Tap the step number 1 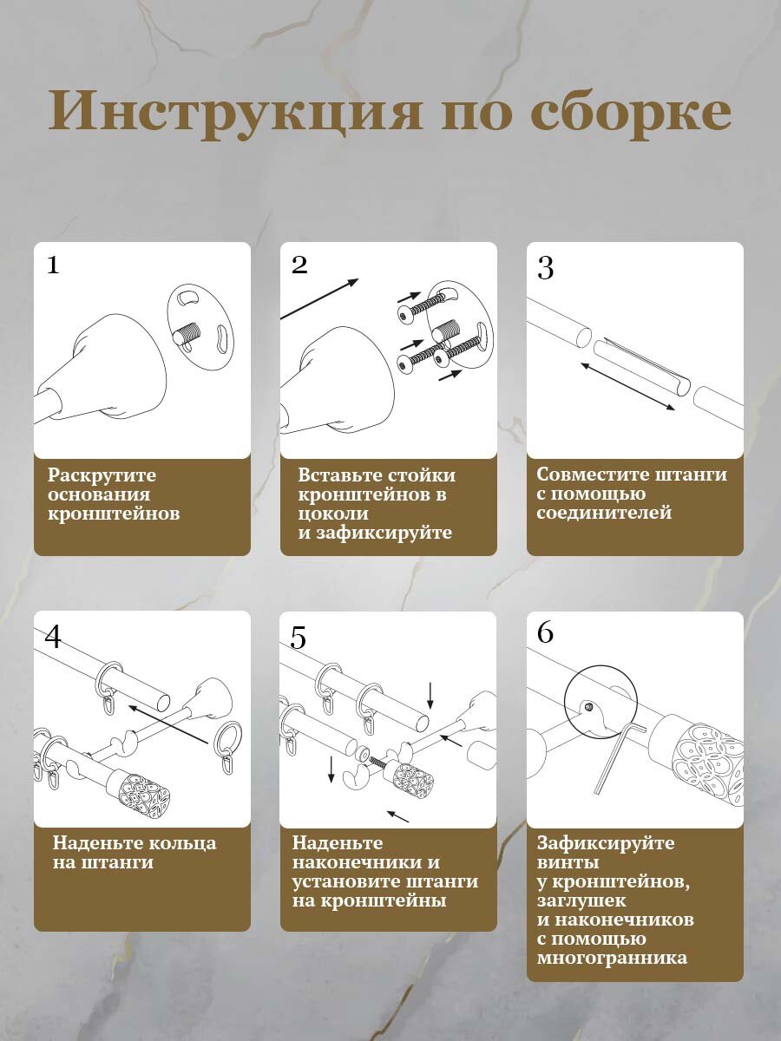[x=53, y=265]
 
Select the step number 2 [x=299, y=265]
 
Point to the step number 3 [x=545, y=268]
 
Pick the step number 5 [x=298, y=638]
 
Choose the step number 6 [x=545, y=632]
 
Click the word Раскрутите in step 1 [x=102, y=475]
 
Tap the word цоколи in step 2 [x=333, y=514]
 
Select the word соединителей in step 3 [x=604, y=513]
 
